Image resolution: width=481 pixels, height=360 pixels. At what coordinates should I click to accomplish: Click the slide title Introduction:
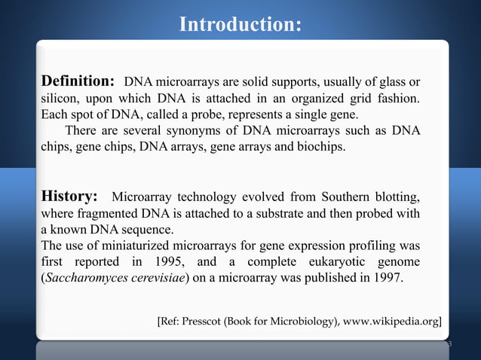tap(240, 25)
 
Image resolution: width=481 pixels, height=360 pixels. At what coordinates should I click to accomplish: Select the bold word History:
tap(69, 197)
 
